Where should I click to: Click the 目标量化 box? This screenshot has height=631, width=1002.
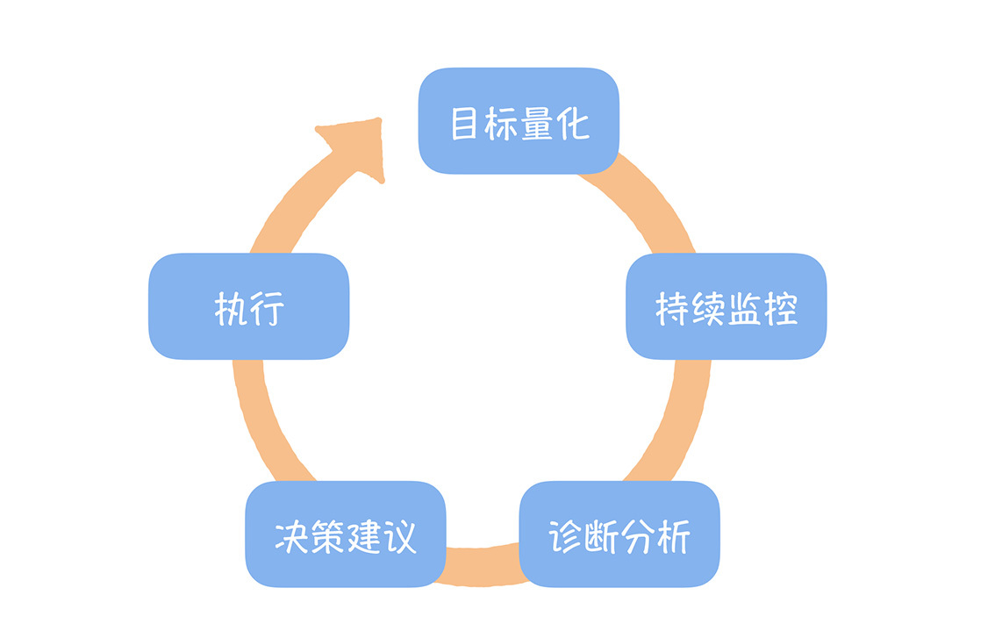pos(519,120)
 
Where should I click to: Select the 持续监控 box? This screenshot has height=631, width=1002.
pos(726,306)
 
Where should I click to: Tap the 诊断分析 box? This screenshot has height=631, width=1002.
pos(619,534)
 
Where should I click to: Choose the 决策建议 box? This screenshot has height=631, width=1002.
pos(345,534)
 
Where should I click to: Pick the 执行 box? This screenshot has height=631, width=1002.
pos(249,306)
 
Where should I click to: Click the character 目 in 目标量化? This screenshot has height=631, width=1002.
pos(464,124)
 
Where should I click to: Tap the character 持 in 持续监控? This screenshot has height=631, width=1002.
pos(672,309)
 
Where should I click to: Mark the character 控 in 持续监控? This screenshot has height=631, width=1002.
pos(781,309)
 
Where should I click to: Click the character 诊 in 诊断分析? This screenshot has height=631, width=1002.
pos(566,536)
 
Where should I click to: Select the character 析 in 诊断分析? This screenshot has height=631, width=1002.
pos(674,536)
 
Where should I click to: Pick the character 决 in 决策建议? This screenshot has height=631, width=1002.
pos(291,536)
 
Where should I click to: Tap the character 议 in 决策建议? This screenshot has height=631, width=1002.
pos(400,536)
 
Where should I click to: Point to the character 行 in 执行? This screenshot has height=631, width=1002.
pos(268,309)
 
